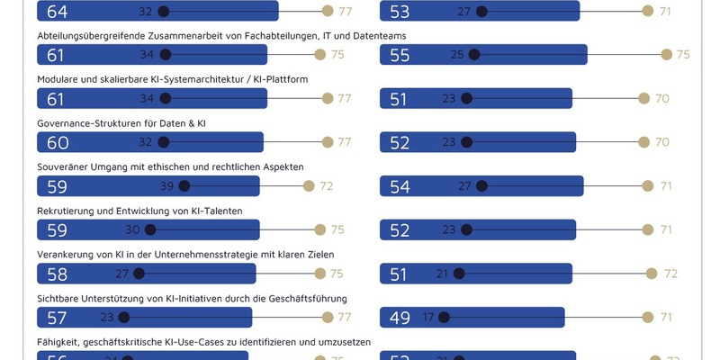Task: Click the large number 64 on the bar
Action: tap(57, 12)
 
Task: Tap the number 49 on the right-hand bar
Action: tap(400, 317)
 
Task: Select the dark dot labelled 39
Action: tap(184, 186)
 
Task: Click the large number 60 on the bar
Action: tap(57, 142)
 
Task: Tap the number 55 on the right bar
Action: tap(400, 55)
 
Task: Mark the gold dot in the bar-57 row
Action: tap(328, 317)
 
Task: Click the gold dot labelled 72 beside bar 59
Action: tap(309, 186)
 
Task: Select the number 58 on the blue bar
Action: tap(57, 274)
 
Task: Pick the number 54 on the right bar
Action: tap(400, 186)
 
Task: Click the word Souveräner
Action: tap(65, 166)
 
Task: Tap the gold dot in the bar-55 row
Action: tap(666, 55)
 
